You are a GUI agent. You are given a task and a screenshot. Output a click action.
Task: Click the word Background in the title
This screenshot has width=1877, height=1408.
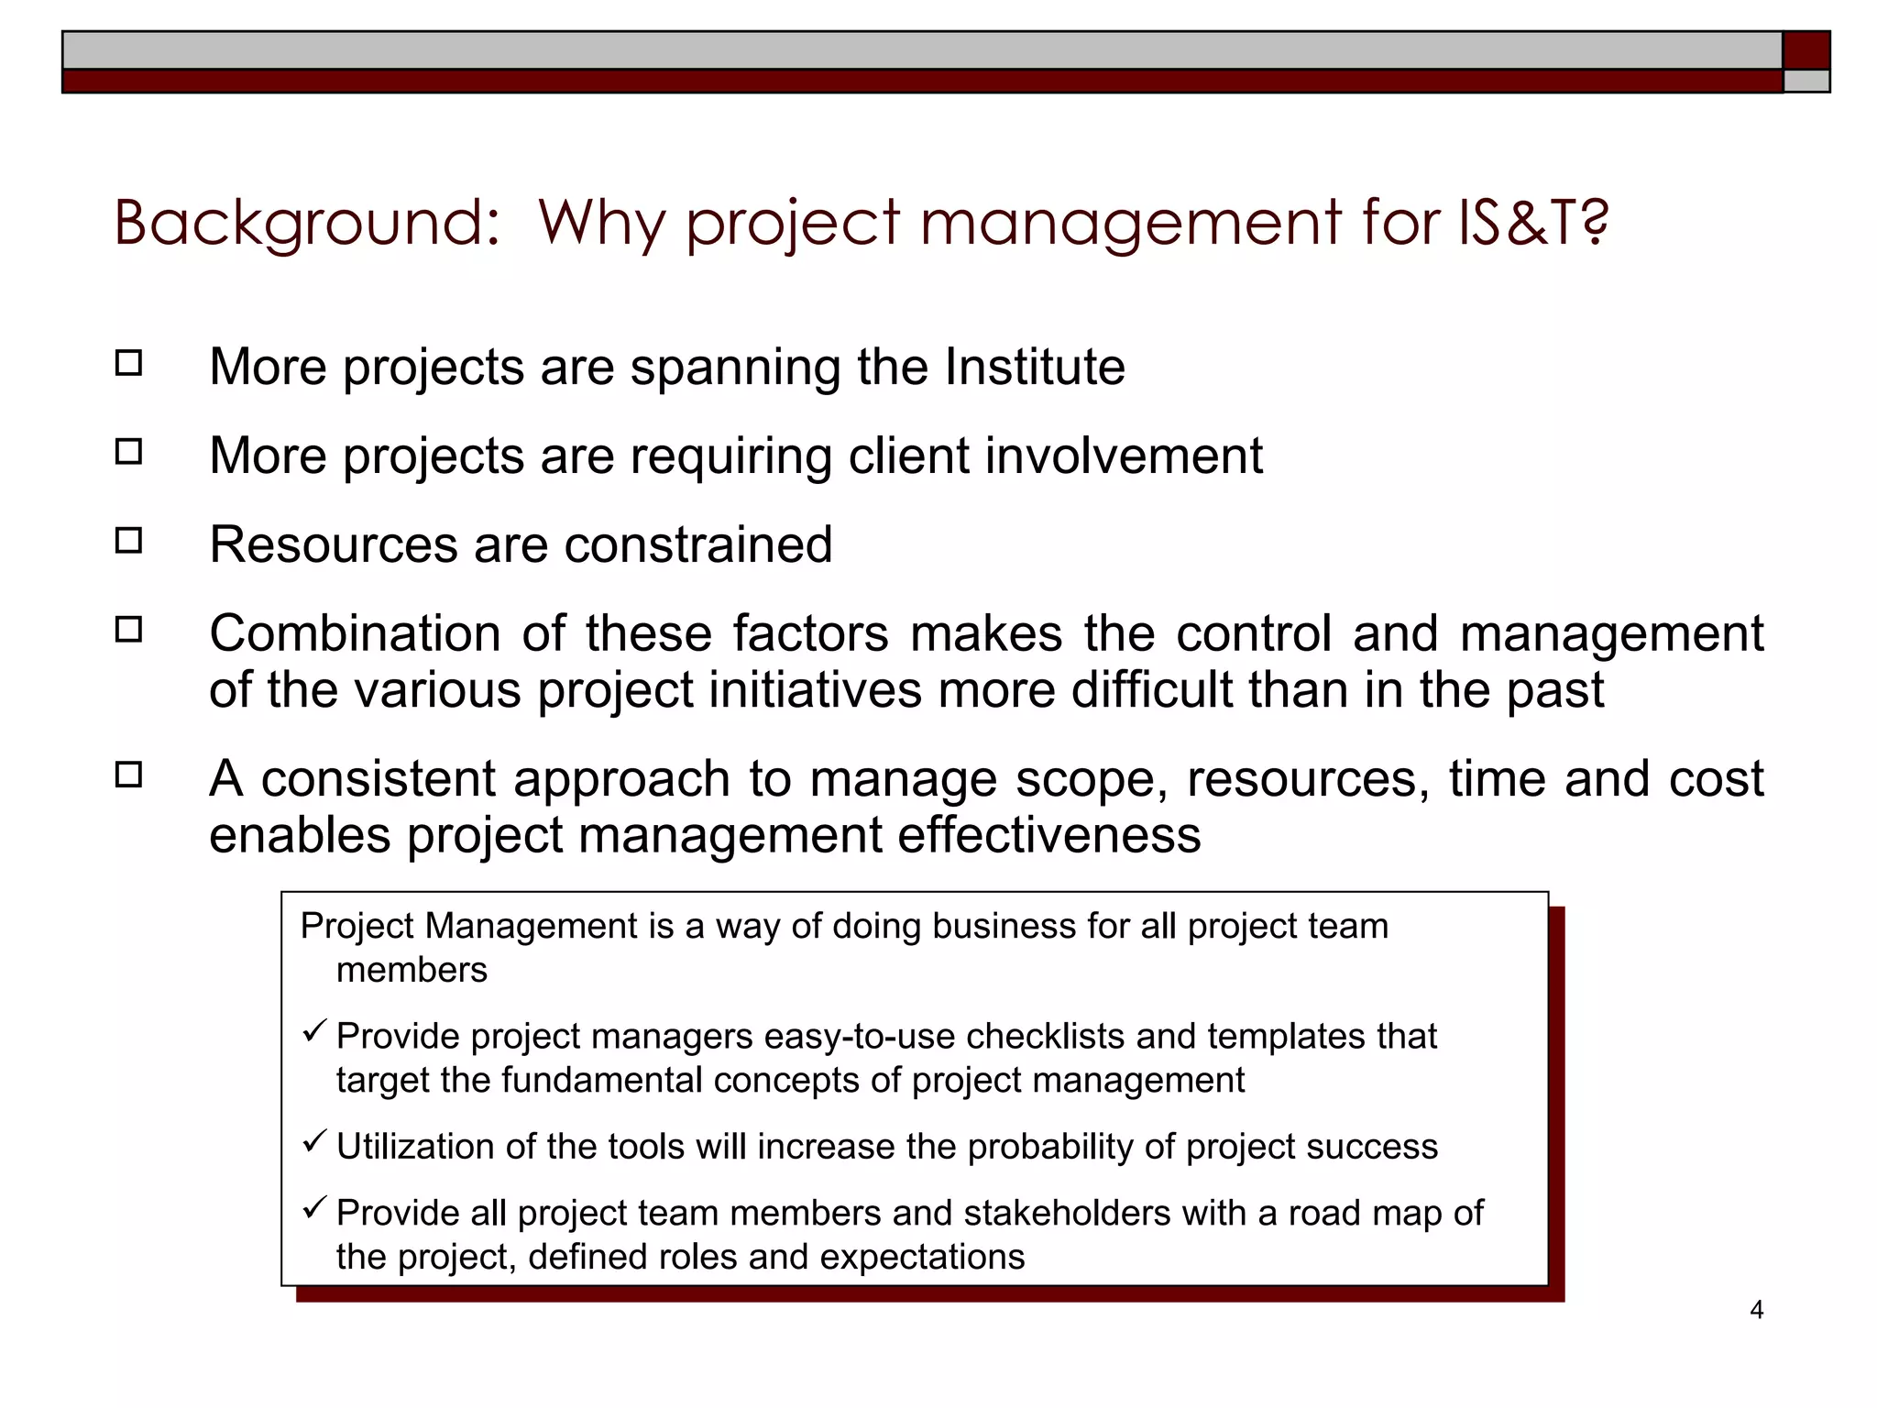pos(306,223)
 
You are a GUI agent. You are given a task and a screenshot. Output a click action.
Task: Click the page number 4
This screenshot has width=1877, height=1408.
pos(1756,1310)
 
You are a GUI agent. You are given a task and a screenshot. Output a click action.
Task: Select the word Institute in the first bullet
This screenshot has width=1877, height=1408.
pos(1035,368)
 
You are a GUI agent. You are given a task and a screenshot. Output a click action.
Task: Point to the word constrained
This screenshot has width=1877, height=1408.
pos(698,544)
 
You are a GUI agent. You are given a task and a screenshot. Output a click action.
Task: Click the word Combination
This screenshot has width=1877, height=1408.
pos(355,633)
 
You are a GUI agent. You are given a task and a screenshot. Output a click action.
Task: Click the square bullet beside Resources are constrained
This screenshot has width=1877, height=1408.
pos(129,541)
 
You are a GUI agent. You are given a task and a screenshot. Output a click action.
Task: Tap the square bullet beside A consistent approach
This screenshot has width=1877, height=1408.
pos(129,775)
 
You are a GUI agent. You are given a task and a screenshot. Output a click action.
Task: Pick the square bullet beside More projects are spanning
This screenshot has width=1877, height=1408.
pos(129,363)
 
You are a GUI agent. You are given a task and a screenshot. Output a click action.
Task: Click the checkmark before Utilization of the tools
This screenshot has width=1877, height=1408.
pos(314,1142)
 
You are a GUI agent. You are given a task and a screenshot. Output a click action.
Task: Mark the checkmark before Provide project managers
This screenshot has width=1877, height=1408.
pos(314,1032)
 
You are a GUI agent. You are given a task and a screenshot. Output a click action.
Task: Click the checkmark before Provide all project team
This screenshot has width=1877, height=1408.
pos(314,1208)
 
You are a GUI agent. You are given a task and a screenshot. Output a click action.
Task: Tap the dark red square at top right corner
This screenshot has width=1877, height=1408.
pos(1806,49)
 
